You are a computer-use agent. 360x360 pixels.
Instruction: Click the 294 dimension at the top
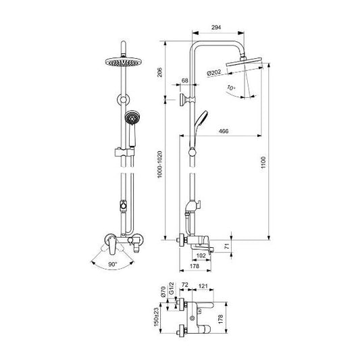pos(216,28)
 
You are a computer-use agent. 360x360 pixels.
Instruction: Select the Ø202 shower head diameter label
pos(213,73)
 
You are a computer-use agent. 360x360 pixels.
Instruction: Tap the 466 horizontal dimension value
pos(224,131)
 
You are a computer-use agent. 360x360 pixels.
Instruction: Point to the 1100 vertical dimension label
pos(263,162)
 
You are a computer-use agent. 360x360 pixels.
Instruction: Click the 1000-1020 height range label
pos(159,164)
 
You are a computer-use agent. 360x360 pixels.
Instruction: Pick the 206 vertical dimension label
pos(159,72)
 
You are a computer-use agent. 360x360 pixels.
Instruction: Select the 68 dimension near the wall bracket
pos(185,80)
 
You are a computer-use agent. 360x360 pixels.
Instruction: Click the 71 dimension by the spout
pos(227,247)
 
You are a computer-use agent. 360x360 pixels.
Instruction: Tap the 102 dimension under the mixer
pos(201,255)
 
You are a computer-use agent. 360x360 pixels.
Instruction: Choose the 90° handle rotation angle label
pos(113,264)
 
